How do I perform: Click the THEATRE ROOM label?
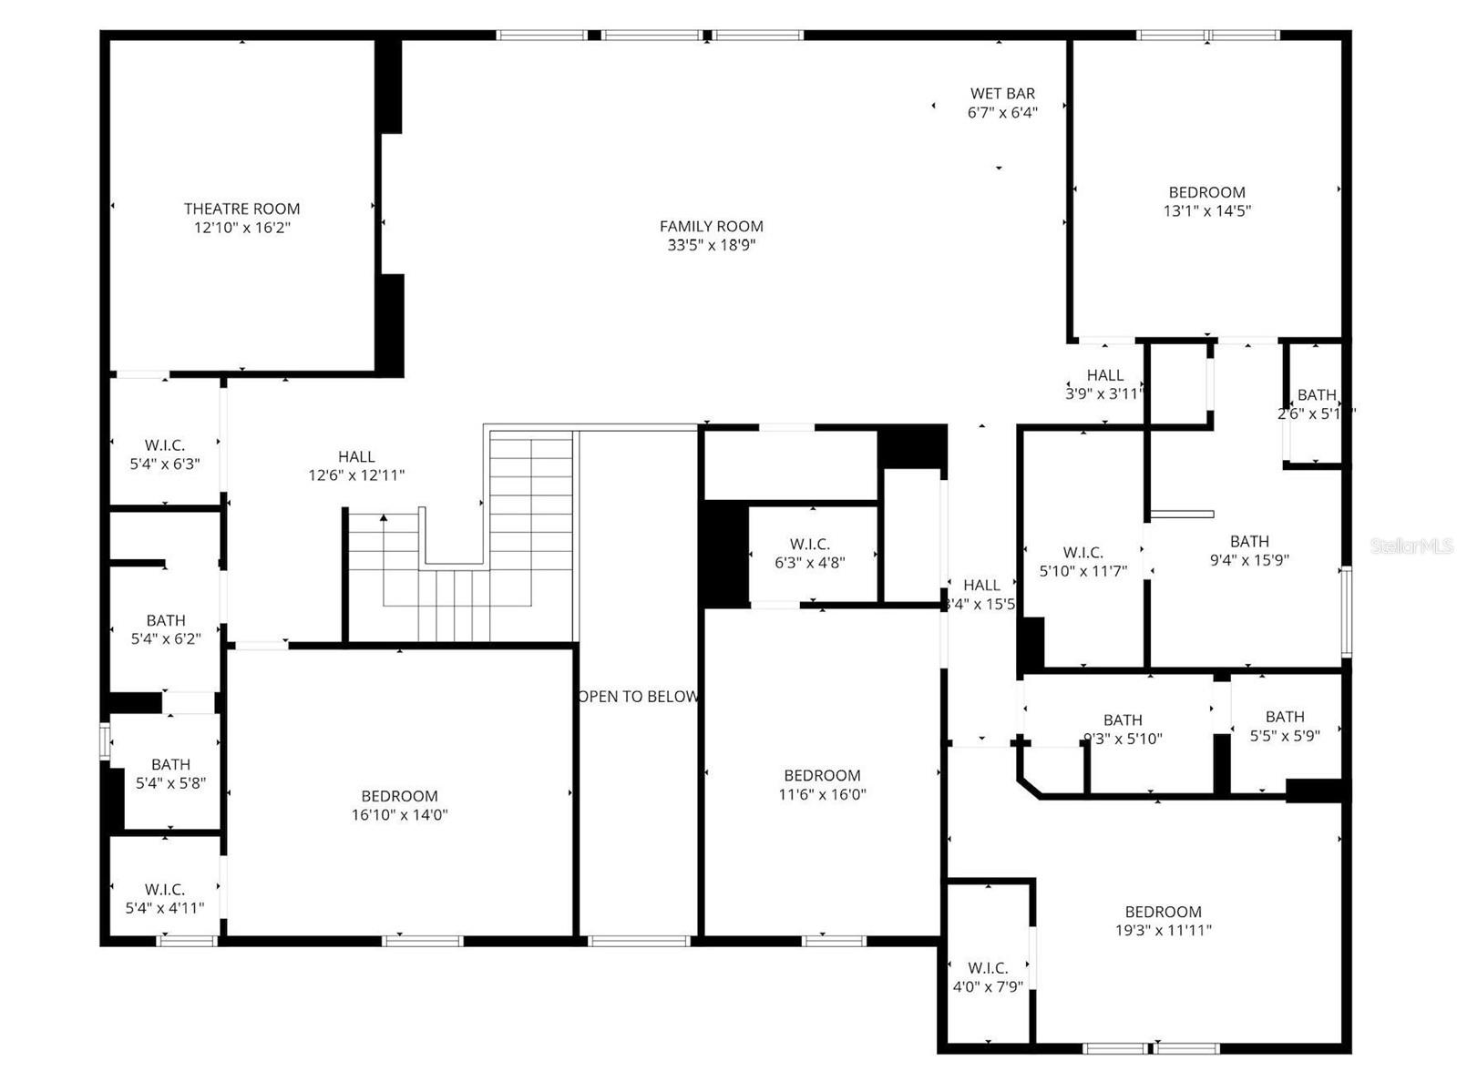pos(241,209)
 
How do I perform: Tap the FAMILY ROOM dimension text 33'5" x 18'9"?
pos(712,245)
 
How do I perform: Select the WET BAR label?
pos(1002,94)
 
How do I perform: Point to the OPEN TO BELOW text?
pos(638,697)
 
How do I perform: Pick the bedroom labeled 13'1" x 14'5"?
pos(1206,201)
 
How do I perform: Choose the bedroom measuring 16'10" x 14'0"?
pos(399,805)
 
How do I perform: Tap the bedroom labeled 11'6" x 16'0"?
pos(822,784)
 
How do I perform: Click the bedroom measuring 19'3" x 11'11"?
pos(1163,921)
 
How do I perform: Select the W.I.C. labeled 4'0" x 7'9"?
pos(988,977)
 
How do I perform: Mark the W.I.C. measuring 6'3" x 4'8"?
pos(809,554)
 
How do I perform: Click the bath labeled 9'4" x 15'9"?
pos(1248,551)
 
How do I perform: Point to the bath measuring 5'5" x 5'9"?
pos(1285,726)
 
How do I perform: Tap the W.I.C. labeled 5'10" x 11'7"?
pos(1083,562)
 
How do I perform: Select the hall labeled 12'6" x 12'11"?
pos(356,465)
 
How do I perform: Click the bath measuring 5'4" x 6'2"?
pos(165,629)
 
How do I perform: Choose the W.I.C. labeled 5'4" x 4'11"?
pos(165,898)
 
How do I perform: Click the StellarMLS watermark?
pos(1411,546)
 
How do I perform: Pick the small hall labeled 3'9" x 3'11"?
pos(1104,384)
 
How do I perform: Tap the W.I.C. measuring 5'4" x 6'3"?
pos(165,454)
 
